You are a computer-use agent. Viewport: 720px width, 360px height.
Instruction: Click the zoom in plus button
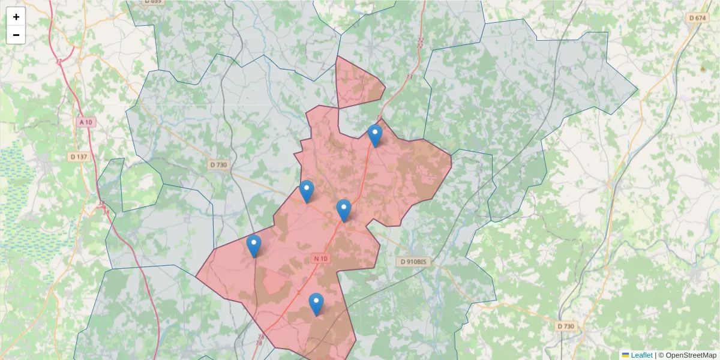[x=16, y=17]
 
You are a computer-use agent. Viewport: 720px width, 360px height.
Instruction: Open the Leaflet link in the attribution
[x=641, y=355]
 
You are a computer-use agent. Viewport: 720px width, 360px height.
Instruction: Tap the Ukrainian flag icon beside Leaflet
[x=626, y=355]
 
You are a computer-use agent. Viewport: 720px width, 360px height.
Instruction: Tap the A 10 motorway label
[x=86, y=122]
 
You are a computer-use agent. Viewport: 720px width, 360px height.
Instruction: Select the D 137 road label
[x=79, y=157]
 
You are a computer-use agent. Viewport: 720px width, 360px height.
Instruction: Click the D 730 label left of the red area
[x=219, y=164]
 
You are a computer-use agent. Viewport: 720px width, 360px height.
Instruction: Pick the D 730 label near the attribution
[x=565, y=326]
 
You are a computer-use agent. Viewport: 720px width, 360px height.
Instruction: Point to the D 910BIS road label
[x=414, y=262]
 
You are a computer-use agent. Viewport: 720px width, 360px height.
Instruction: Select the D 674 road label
[x=698, y=18]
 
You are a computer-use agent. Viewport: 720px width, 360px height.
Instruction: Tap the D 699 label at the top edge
[x=153, y=2]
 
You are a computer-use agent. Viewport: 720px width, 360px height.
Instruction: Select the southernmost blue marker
[x=316, y=304]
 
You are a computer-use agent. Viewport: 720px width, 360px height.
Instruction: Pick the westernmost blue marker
[x=254, y=246]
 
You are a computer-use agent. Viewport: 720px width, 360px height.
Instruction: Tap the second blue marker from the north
[x=307, y=191]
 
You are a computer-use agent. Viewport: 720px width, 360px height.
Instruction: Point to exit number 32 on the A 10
[x=58, y=61]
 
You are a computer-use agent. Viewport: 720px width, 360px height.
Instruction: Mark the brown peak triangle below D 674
[x=703, y=69]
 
